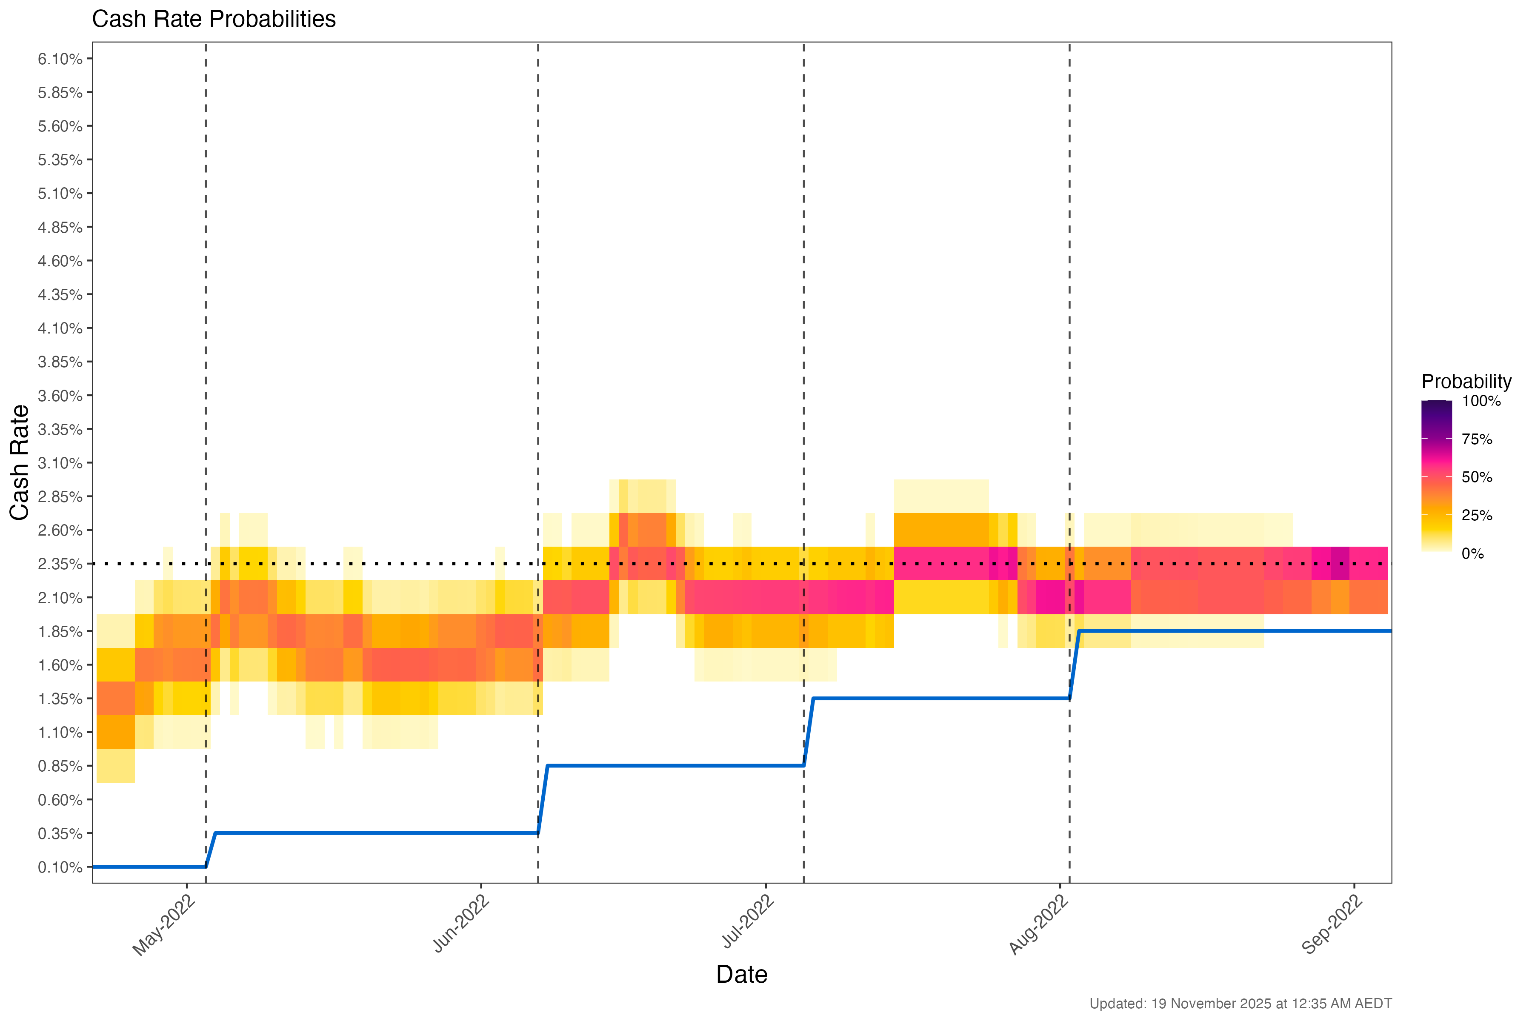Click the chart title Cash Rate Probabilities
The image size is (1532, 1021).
click(214, 20)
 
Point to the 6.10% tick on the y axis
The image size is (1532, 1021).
click(60, 59)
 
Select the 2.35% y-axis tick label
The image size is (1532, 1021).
click(60, 564)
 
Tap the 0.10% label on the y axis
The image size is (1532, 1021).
click(60, 867)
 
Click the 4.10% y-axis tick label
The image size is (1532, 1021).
click(60, 328)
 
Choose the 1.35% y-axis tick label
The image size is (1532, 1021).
click(60, 699)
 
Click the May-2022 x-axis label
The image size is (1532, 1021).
click(164, 924)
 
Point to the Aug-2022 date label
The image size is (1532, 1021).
click(1039, 924)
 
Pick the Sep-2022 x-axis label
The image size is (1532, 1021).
click(1333, 924)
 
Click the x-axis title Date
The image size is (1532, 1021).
click(741, 975)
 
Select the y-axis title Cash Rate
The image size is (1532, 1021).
click(20, 462)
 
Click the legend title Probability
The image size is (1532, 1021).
click(1466, 382)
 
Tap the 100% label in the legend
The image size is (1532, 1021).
click(1481, 401)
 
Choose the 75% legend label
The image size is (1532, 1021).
click(1477, 439)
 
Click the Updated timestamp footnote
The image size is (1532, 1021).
click(1240, 1004)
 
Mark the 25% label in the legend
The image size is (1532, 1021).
click(1477, 516)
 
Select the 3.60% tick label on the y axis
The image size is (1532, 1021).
click(60, 396)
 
